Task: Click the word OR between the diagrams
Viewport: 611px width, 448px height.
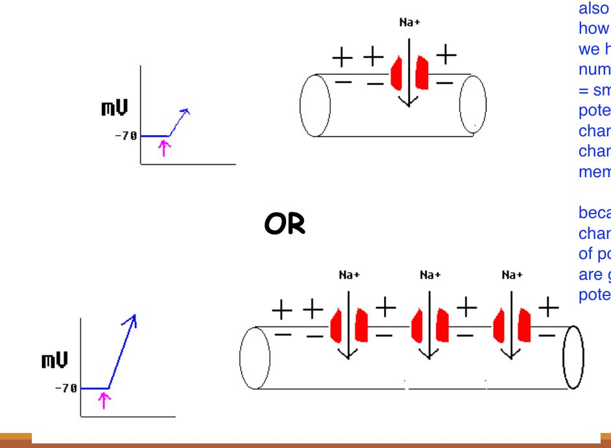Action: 284,225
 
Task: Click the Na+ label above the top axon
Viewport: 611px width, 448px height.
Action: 409,22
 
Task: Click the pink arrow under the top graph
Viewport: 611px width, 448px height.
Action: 165,148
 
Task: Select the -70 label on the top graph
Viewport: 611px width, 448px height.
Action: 126,136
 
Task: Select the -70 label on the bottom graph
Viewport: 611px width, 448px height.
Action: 66,388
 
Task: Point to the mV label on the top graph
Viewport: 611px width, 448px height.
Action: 114,108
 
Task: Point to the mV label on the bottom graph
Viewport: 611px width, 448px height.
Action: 54,360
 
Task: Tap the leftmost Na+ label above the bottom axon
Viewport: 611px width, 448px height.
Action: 349,275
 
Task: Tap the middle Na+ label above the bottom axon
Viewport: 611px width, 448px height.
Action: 429,275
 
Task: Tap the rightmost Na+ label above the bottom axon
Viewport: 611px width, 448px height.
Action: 512,275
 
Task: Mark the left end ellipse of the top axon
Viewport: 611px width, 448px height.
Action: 315,105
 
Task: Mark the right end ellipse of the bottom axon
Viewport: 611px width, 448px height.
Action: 573,357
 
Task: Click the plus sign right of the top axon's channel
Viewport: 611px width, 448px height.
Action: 446,55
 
